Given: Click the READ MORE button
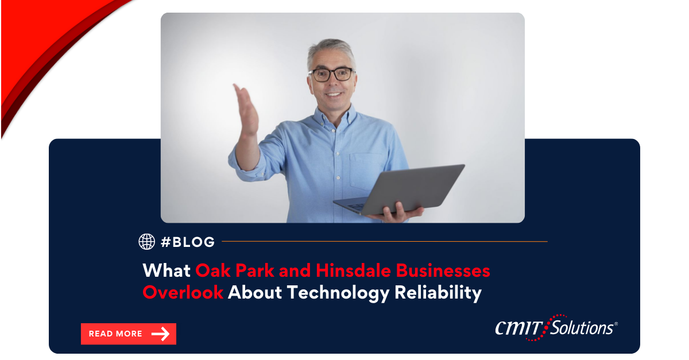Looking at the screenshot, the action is pyautogui.click(x=129, y=334).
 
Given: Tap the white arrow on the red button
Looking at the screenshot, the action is pyautogui.click(x=160, y=334).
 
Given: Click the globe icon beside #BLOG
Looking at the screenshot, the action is pyautogui.click(x=147, y=242).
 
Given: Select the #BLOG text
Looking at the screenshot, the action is pyautogui.click(x=188, y=242).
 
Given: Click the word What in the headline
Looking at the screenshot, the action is pyautogui.click(x=167, y=271).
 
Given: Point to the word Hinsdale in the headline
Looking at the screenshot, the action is pyautogui.click(x=354, y=270).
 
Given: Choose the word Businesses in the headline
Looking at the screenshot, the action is pyautogui.click(x=443, y=270).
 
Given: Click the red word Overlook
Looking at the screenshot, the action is pyautogui.click(x=183, y=292).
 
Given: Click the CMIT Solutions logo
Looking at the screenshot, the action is pyautogui.click(x=556, y=328).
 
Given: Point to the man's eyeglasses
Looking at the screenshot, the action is pyautogui.click(x=332, y=75).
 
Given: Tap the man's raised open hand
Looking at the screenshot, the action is pyautogui.click(x=246, y=109).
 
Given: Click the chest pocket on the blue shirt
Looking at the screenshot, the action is pyautogui.click(x=366, y=171).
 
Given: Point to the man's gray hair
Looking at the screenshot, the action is pyautogui.click(x=331, y=50).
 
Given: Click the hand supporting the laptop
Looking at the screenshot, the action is pyautogui.click(x=397, y=213).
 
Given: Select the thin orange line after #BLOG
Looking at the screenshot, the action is pyautogui.click(x=385, y=242).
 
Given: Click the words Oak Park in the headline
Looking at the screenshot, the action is pyautogui.click(x=235, y=270).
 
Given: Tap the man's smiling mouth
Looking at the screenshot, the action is pyautogui.click(x=334, y=95).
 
